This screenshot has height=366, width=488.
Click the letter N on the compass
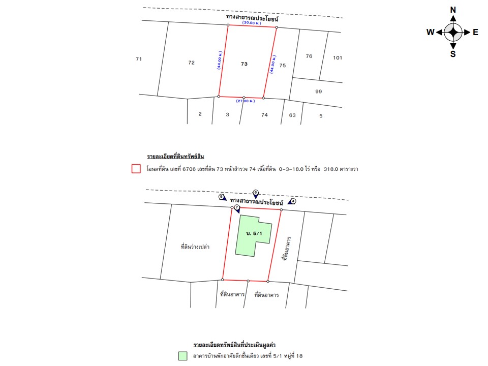click(x=453, y=10)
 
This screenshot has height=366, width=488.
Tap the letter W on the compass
click(x=431, y=32)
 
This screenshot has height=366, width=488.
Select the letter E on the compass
click(x=475, y=32)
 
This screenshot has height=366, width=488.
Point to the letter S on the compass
click(x=453, y=54)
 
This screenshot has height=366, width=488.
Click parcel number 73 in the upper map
click(x=245, y=64)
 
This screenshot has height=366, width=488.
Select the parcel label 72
click(x=192, y=63)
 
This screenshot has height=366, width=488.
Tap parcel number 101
click(x=338, y=57)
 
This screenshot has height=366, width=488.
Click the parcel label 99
click(x=318, y=91)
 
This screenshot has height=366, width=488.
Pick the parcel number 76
click(x=309, y=56)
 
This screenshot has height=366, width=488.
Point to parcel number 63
click(x=292, y=115)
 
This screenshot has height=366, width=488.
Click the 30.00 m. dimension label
click(x=252, y=23)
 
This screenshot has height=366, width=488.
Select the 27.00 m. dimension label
click(x=246, y=101)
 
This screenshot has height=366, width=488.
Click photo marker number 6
click(x=256, y=193)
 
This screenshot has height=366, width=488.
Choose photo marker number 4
click(x=292, y=201)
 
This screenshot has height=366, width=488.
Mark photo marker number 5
click(x=222, y=197)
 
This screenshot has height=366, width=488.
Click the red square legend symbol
click(x=136, y=169)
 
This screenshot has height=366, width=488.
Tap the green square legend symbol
click(x=182, y=356)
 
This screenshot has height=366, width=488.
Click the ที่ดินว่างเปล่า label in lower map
click(x=195, y=247)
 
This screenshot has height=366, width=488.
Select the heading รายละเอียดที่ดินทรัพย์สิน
click(x=175, y=156)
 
